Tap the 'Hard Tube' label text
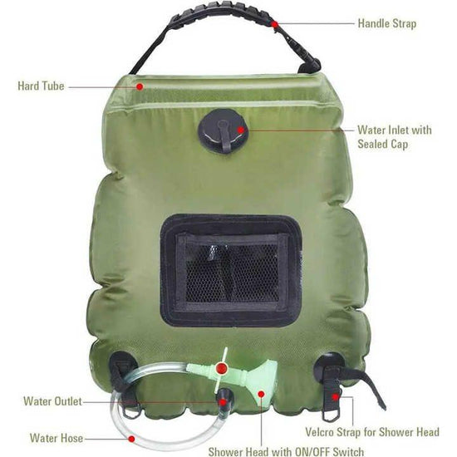coord(41,86)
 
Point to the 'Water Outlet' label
coord(53,401)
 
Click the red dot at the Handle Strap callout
coord(274,24)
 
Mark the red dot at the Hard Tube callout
coord(140,86)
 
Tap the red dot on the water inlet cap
coord(239,130)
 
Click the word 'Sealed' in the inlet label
coord(374,145)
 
